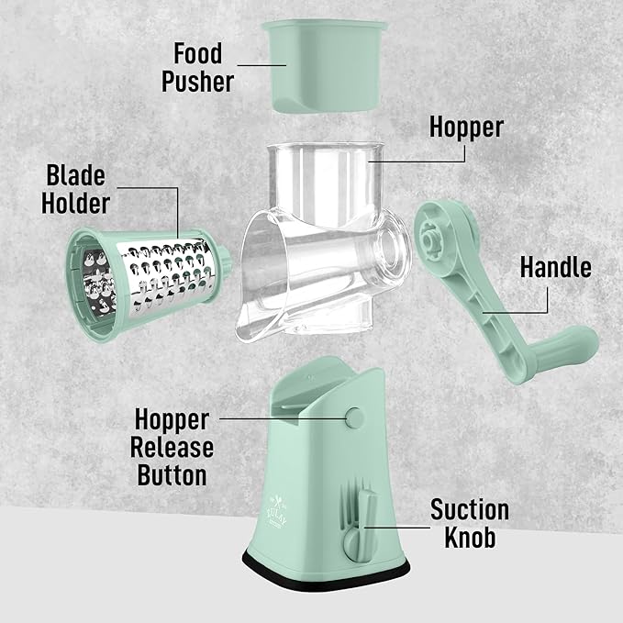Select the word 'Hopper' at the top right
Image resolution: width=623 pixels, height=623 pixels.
click(x=466, y=127)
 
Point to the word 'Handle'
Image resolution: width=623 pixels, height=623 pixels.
click(x=555, y=267)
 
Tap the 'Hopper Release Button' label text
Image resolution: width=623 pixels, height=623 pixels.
click(x=174, y=448)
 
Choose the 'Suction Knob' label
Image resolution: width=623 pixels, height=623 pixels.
click(x=469, y=523)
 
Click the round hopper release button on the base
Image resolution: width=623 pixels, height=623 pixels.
click(x=352, y=418)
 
